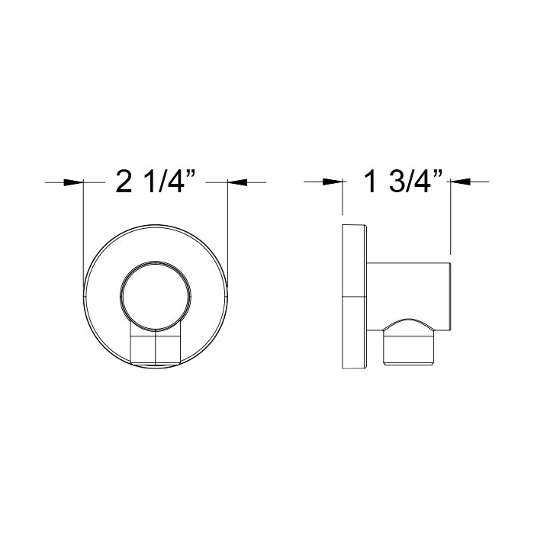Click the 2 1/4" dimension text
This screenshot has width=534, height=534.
(x=156, y=182)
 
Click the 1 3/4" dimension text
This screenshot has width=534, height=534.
(x=404, y=182)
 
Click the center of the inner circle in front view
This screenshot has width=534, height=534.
(x=156, y=292)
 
